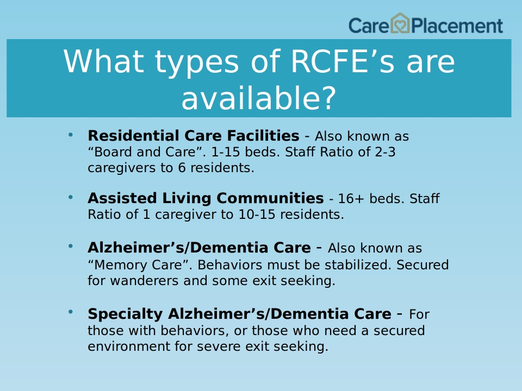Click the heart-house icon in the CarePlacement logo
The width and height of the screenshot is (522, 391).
pyautogui.click(x=400, y=23)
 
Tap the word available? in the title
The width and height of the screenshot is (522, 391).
pyautogui.click(x=259, y=98)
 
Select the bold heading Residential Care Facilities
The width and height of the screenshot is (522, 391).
pyautogui.click(x=194, y=136)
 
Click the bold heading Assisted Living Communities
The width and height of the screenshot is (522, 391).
pyautogui.click(x=206, y=198)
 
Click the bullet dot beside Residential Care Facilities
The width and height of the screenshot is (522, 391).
pyautogui.click(x=70, y=135)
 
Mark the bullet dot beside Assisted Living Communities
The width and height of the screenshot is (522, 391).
pyautogui.click(x=70, y=197)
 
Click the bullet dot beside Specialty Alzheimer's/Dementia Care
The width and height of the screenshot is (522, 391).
pyautogui.click(x=70, y=312)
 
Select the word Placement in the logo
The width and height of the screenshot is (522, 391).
pyautogui.click(x=457, y=26)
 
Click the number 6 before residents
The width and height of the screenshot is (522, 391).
pyautogui.click(x=182, y=168)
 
